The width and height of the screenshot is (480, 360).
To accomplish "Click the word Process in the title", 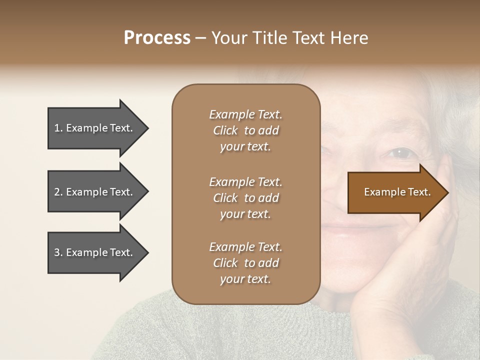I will click(x=157, y=38).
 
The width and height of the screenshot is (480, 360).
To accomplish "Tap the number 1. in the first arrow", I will click(x=58, y=128).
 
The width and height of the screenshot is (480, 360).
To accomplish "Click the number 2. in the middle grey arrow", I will click(x=58, y=192).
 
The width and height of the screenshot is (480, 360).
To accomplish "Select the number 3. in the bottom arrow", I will click(x=58, y=252).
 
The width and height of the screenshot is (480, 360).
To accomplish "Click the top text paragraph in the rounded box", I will click(x=245, y=130).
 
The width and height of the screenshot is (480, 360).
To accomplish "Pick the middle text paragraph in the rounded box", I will click(x=245, y=198).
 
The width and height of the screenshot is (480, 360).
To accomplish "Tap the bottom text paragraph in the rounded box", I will click(x=245, y=263).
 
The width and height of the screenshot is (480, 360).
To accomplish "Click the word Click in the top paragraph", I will click(x=225, y=130).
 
